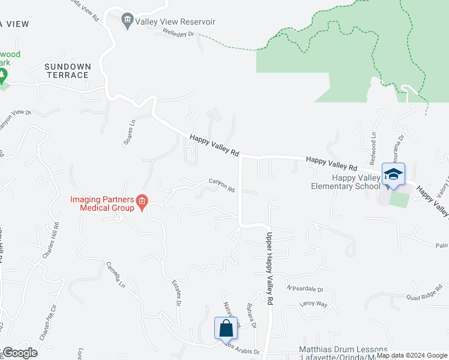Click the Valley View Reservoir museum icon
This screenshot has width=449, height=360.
pos(127,22)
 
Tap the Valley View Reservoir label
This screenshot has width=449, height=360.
pos(175,22)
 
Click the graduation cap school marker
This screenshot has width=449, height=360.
pos(393,175)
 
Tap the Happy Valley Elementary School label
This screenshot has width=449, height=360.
pos(345,182)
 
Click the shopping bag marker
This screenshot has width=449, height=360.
pos(226,329)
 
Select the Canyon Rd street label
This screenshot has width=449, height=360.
pos(221,184)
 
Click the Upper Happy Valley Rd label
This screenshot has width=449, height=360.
pos(270,267)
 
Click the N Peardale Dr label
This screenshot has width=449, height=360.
pos(304,289)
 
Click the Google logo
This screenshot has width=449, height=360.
pos(20,353)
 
